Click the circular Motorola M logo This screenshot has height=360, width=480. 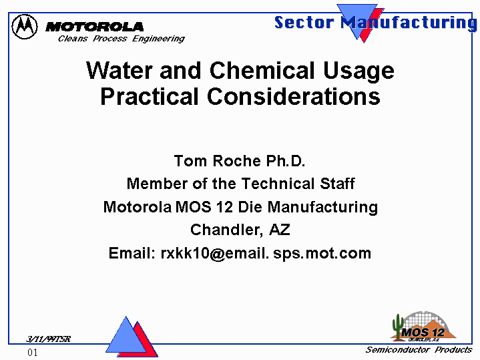click(25, 27)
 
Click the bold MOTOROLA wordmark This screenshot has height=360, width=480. click(94, 27)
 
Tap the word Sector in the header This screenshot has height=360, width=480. click(304, 22)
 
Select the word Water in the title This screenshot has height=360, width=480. click(119, 71)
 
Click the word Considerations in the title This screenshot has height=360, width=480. click(294, 96)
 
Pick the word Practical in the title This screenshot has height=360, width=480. click(150, 96)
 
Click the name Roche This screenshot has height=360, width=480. click(236, 161)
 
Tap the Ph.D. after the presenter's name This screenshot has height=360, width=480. click(286, 161)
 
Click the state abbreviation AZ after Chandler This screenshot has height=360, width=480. click(280, 230)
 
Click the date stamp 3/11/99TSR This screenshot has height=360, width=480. click(48, 339)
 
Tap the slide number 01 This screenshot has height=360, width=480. click(33, 353)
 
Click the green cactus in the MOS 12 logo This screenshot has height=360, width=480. click(398, 327)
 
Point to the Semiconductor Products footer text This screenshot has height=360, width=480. click(419, 349)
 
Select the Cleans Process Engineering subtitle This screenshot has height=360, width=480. click(122, 39)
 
